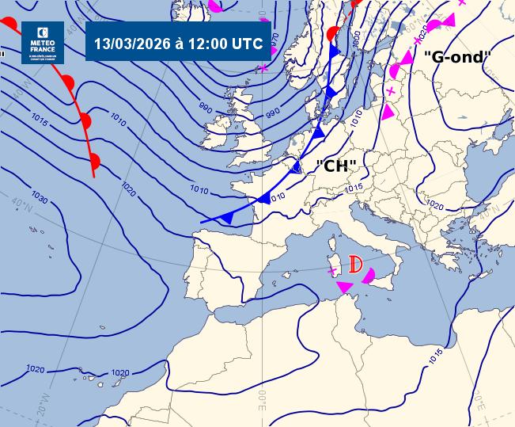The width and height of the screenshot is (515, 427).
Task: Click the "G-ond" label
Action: [458, 56]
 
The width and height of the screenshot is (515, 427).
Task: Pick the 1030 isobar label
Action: [39, 195]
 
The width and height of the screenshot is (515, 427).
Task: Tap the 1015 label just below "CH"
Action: [354, 187]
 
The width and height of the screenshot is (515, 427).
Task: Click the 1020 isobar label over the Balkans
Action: [434, 204]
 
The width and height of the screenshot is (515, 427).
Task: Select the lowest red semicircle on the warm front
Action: [94, 162]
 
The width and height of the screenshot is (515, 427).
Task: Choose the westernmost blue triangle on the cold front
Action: [228, 217]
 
